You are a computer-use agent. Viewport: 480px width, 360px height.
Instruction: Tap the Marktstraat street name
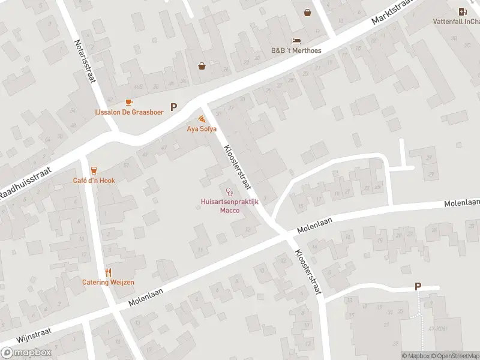tap(393, 11)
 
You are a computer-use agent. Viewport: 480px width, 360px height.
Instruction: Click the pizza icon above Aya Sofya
tap(202, 119)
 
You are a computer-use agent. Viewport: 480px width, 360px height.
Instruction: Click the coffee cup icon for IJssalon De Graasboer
tap(129, 103)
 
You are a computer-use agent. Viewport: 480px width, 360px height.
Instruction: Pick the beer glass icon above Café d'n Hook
tap(94, 171)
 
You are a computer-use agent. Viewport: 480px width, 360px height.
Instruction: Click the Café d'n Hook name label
tap(94, 181)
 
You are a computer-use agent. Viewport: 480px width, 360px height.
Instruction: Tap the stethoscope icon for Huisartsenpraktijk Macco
tap(229, 193)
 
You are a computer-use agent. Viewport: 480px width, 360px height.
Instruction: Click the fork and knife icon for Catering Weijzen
tap(109, 272)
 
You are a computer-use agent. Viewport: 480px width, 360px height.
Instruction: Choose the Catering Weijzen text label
tap(109, 282)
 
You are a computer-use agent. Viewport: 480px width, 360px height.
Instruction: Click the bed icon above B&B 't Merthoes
tap(296, 41)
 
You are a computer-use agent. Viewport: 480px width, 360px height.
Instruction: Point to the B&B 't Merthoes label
tap(296, 50)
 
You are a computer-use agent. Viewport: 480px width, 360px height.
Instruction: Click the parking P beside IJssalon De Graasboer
tap(174, 107)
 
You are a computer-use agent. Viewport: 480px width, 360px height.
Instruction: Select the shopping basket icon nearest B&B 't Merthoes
tap(308, 12)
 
